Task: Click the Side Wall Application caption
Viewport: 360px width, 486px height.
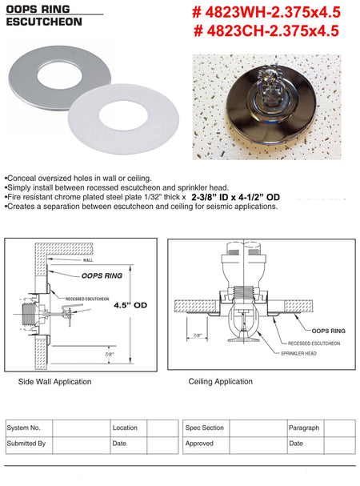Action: click(x=54, y=382)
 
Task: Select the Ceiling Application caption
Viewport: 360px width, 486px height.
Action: click(x=221, y=382)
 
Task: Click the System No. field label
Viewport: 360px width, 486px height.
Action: click(x=25, y=428)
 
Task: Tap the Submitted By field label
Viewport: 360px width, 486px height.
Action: click(x=26, y=443)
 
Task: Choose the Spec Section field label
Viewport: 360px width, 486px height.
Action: click(x=205, y=428)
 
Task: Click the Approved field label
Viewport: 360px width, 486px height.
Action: click(x=199, y=443)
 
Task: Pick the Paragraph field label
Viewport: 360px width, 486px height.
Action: click(x=304, y=428)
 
